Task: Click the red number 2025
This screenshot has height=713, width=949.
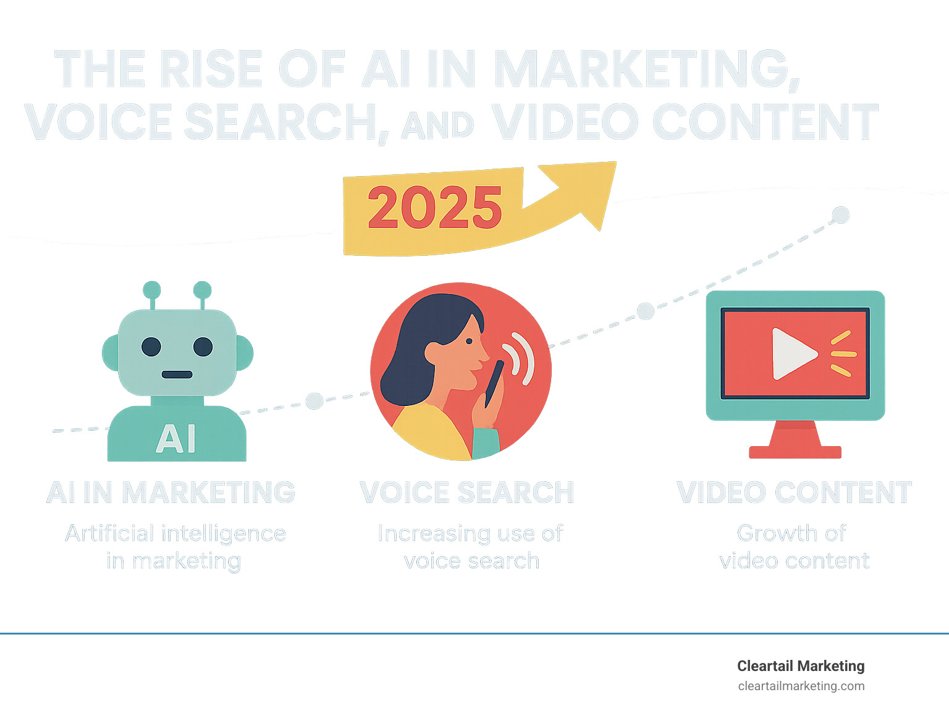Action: tap(435, 208)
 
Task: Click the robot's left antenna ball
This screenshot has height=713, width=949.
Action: tap(152, 290)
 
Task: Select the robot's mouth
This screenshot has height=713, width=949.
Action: tap(177, 374)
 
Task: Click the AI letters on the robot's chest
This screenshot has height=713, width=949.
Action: tap(176, 439)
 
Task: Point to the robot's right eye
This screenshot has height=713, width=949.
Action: tap(203, 347)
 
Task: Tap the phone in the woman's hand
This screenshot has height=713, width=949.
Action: tap(494, 383)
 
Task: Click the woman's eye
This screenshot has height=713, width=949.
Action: tap(469, 340)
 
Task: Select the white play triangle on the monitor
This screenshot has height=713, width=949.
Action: tap(792, 353)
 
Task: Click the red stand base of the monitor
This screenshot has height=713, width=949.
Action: tap(795, 452)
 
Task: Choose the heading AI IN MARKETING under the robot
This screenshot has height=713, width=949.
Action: tap(171, 492)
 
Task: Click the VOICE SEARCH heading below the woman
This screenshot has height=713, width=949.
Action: tap(467, 492)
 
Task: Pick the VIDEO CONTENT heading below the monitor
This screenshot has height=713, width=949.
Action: tap(795, 492)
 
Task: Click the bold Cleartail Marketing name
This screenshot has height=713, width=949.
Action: tap(801, 666)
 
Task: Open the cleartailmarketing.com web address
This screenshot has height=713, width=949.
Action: tap(801, 686)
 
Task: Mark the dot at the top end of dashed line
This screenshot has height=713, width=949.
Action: tap(840, 215)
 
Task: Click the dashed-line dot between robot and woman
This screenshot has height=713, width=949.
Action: tap(314, 401)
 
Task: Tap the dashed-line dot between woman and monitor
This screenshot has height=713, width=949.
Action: tap(645, 311)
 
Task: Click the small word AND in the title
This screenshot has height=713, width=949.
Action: tap(437, 125)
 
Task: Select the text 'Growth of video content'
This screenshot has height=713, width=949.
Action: tap(794, 547)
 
